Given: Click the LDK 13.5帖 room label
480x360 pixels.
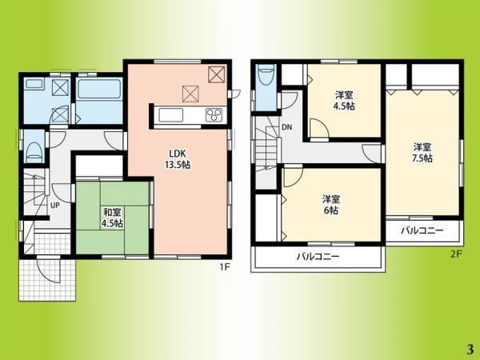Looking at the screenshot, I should (178, 159).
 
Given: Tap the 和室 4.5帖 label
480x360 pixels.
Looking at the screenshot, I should (112, 218).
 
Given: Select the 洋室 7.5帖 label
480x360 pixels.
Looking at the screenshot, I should (422, 152).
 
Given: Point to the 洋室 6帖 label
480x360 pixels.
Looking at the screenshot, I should (330, 204).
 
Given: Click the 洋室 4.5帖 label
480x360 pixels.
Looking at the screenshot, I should (346, 100).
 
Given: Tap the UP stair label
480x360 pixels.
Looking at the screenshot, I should (55, 206).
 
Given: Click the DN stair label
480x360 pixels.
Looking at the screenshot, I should (286, 126).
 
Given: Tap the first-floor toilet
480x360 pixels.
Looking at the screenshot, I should (33, 150).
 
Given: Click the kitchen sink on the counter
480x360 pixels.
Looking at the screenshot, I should (171, 115).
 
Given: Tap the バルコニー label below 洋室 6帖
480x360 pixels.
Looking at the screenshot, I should (318, 257).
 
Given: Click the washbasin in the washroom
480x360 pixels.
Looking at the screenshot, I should (34, 84).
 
